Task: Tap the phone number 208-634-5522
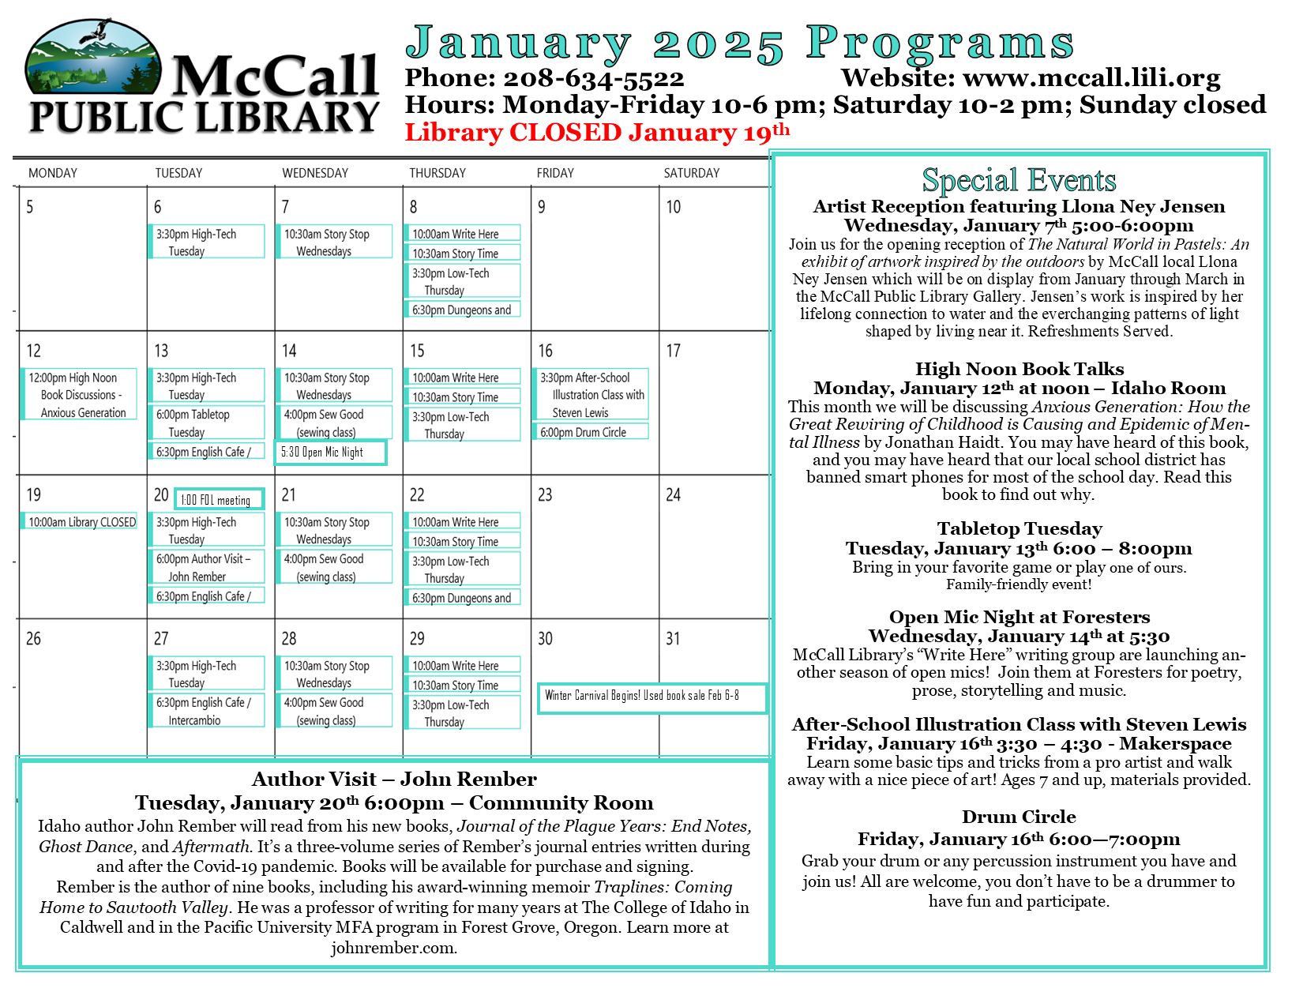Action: pos(593,78)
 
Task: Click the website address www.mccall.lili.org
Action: pos(1091,78)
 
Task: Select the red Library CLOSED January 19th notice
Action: pos(596,132)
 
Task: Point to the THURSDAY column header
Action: pos(437,173)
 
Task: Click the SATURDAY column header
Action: pos(692,173)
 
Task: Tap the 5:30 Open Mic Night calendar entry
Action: pos(330,453)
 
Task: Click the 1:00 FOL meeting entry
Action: pos(219,500)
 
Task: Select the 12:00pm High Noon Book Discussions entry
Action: pos(78,395)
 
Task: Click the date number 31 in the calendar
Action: pos(673,639)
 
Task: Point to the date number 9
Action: pos(542,208)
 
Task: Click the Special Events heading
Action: pos(1019,181)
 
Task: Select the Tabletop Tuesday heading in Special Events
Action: pos(1019,529)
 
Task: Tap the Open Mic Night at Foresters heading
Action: pos(1019,618)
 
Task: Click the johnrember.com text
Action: pos(393,948)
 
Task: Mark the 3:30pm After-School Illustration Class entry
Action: pos(592,395)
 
